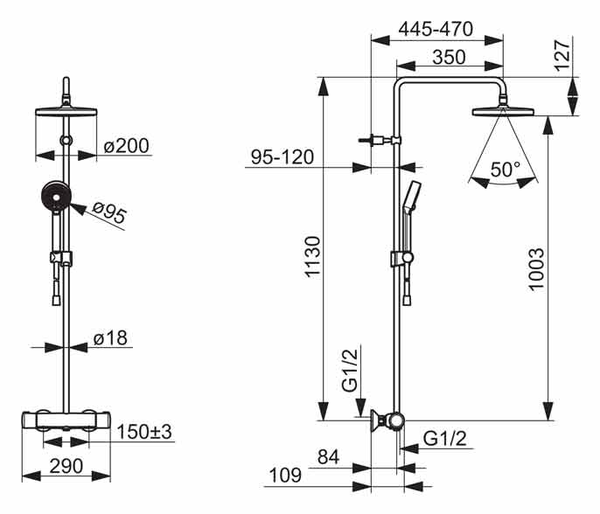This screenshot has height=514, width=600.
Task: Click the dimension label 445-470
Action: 436,29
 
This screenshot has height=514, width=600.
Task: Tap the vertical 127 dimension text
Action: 562,55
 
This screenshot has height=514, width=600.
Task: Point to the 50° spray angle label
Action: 505,170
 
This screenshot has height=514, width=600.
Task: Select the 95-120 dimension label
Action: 283,157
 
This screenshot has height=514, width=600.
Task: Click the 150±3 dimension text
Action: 145,432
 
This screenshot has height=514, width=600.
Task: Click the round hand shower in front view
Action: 54,198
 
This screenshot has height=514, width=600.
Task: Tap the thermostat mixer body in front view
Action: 66,422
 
